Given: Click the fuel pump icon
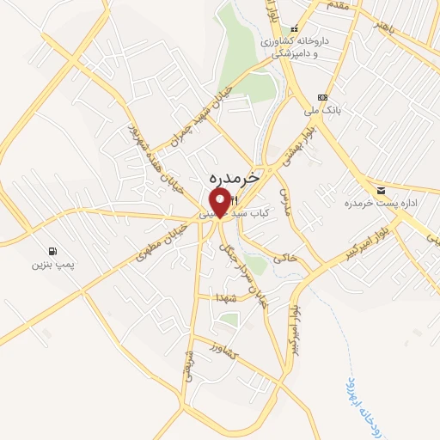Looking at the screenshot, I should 54,252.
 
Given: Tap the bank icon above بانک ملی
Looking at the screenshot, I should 322,97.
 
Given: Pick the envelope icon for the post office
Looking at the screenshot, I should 380,189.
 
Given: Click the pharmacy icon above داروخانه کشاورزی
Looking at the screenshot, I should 295,28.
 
